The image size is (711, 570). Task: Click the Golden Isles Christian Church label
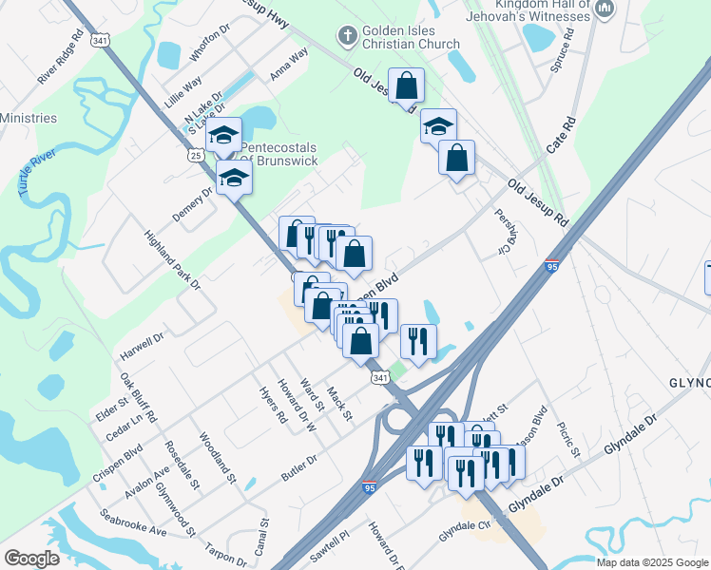click(x=411, y=37)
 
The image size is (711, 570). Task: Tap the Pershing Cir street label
click(x=501, y=232)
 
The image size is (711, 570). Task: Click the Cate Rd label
click(x=562, y=137)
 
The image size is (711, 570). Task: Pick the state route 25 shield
click(x=196, y=154)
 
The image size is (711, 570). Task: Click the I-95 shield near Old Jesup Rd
click(x=552, y=268)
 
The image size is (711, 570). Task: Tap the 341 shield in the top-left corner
click(x=101, y=41)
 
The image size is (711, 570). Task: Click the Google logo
click(x=31, y=559)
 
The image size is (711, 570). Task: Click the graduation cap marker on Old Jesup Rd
click(x=438, y=126)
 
